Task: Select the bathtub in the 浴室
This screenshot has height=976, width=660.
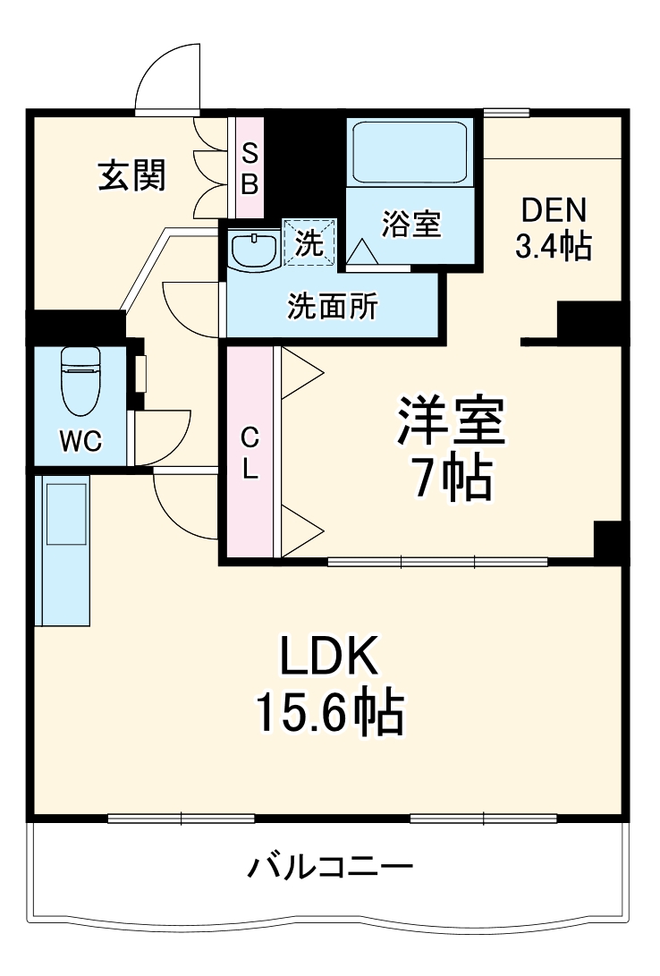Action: (x=410, y=151)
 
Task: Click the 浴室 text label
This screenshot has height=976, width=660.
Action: (x=411, y=224)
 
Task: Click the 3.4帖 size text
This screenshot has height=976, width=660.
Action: (x=553, y=246)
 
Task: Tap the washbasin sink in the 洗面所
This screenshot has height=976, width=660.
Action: (x=255, y=250)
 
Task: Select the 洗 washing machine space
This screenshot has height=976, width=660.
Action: (x=310, y=242)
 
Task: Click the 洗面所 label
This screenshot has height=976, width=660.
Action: (x=332, y=307)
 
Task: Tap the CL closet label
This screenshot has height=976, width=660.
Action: (x=250, y=454)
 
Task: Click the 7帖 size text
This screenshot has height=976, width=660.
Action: (x=452, y=481)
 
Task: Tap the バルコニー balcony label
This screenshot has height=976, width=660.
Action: (x=330, y=866)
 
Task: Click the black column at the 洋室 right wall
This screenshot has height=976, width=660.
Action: (x=610, y=541)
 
